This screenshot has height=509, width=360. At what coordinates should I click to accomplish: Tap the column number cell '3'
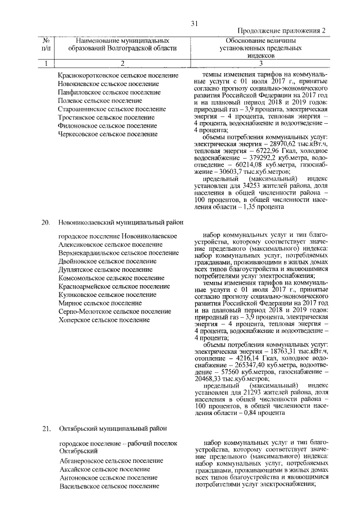pyautogui.click(x=260, y=63)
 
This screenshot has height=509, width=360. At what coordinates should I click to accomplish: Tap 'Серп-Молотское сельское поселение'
pyautogui.click(x=115, y=311)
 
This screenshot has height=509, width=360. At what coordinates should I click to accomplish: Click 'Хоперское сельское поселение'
pyautogui.click(x=104, y=319)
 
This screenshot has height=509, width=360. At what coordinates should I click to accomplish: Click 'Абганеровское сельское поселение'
pyautogui.click(x=111, y=460)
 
